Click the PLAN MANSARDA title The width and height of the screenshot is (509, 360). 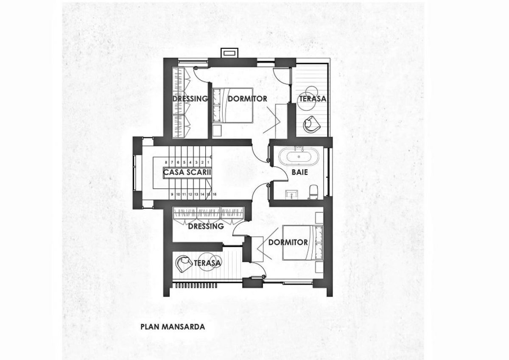coord(173,327)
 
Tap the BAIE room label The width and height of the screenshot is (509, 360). coord(299,172)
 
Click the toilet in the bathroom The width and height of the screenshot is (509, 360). coord(313,192)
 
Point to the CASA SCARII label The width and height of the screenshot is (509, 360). coord(187,172)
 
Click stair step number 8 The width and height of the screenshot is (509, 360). coord(166,162)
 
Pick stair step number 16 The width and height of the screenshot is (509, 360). coord(214,195)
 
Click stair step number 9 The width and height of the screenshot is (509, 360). coord(172,195)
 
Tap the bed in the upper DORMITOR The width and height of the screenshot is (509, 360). coord(233,106)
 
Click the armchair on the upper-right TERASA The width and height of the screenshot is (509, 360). coord(311,124)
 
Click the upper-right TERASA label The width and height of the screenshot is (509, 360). coord(313,99)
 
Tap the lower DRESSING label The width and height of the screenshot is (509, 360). coord(206,226)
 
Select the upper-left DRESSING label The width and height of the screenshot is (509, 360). coord(190,99)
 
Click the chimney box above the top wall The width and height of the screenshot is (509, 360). coord(230,53)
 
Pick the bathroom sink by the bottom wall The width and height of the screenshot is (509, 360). coord(291,195)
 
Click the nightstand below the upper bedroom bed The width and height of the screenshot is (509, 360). coord(217,130)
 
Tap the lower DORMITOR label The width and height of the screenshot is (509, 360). coord(288,243)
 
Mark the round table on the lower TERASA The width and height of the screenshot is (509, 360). coord(208,262)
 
